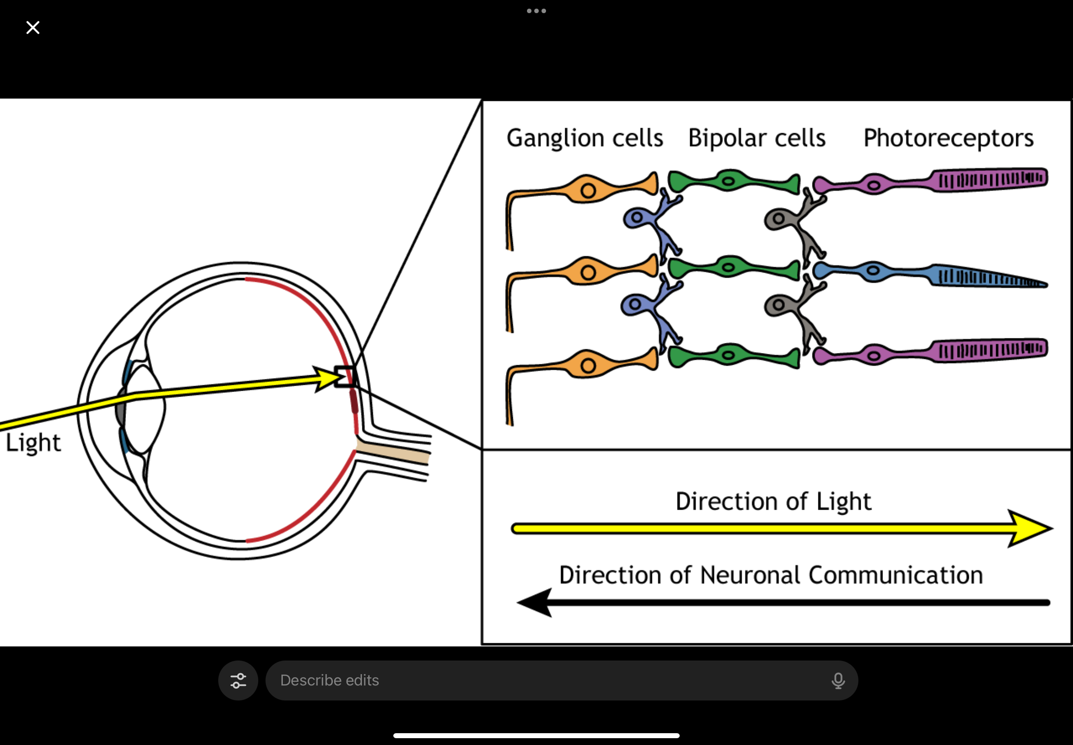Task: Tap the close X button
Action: [x=33, y=28]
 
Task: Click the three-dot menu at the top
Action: [x=536, y=11]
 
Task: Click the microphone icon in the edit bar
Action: [x=838, y=680]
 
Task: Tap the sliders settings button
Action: [x=238, y=680]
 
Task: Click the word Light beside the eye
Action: [x=33, y=442]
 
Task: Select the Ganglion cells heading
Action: [x=585, y=138]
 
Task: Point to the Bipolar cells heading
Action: [x=757, y=138]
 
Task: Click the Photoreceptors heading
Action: [x=948, y=138]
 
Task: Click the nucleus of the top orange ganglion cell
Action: [x=588, y=190]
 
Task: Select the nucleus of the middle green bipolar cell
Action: [x=728, y=268]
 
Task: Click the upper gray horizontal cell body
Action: [x=778, y=219]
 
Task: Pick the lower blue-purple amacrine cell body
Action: [x=635, y=304]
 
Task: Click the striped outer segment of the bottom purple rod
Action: [x=990, y=350]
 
